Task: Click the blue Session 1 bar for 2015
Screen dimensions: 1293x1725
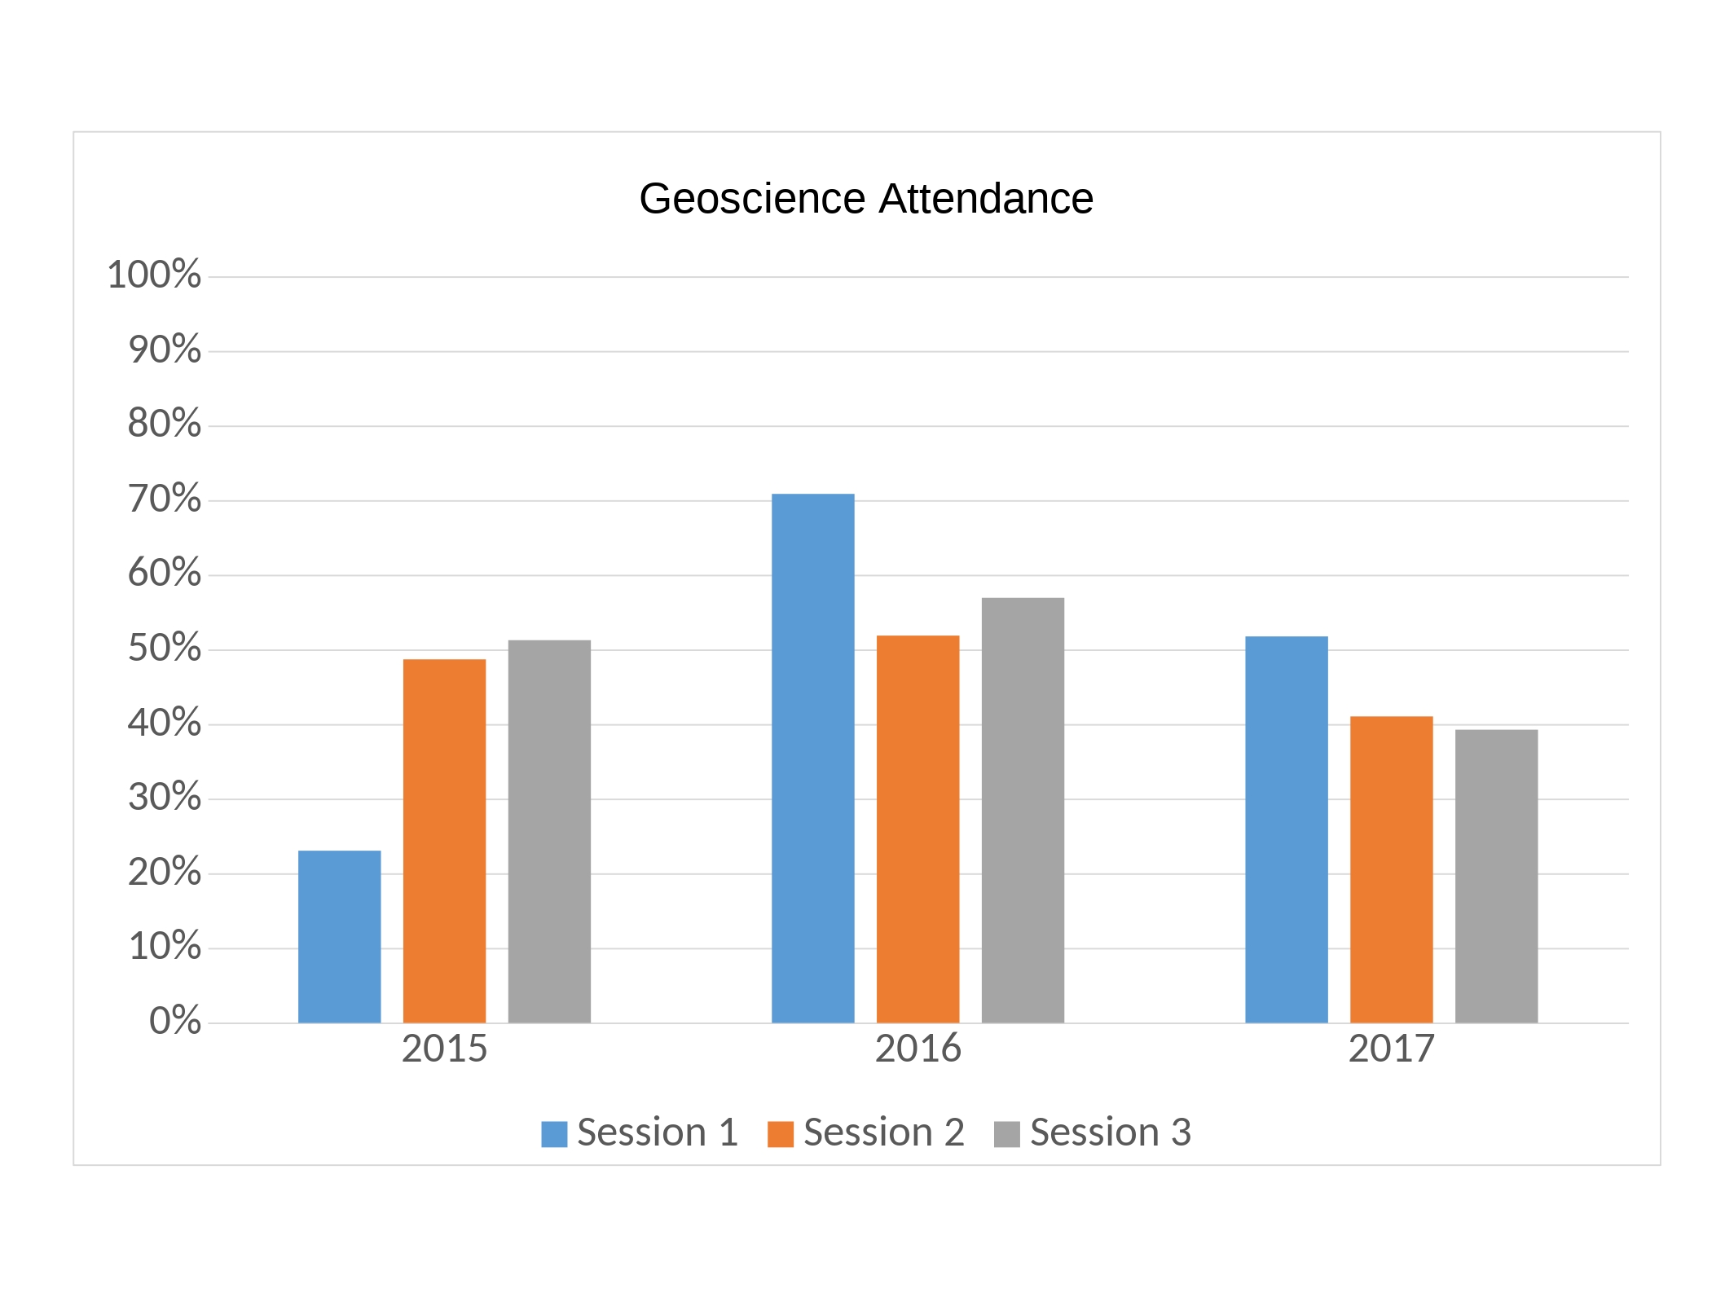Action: pyautogui.click(x=339, y=936)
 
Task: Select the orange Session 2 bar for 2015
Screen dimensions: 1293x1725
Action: pyautogui.click(x=444, y=840)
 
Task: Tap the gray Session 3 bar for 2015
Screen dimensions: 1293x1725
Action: pyautogui.click(x=549, y=831)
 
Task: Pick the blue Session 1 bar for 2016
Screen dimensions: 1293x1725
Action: pyautogui.click(x=812, y=758)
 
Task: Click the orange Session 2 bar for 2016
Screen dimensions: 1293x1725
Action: pyautogui.click(x=918, y=829)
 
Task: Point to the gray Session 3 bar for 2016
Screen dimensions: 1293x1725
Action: pyautogui.click(x=1023, y=810)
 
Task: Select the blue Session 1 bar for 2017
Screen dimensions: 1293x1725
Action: pyautogui.click(x=1286, y=829)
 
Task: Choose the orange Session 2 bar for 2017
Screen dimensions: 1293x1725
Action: pyautogui.click(x=1391, y=869)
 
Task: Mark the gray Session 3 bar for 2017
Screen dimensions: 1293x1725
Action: pyautogui.click(x=1496, y=876)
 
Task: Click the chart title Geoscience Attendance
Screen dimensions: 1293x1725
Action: pyautogui.click(x=865, y=198)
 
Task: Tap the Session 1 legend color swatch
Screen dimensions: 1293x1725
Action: pyautogui.click(x=554, y=1134)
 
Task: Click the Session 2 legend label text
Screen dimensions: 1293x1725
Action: pyautogui.click(x=883, y=1132)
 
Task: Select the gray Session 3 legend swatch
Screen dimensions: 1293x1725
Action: pyautogui.click(x=1006, y=1134)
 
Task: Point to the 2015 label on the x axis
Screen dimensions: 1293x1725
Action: pyautogui.click(x=444, y=1049)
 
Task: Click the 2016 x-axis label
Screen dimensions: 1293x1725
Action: pyautogui.click(x=918, y=1049)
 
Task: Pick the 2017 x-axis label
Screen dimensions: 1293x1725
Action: pyautogui.click(x=1391, y=1049)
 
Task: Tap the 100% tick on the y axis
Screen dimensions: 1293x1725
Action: pyautogui.click(x=154, y=275)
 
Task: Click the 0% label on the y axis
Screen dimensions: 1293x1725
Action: pyautogui.click(x=174, y=1021)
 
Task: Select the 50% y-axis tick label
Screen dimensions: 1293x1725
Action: pyautogui.click(x=164, y=649)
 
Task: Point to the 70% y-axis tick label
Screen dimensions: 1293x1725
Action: pyautogui.click(x=164, y=499)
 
